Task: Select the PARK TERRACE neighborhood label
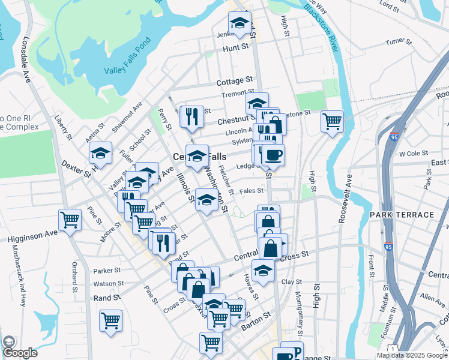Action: pos(402,215)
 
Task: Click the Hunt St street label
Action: pos(236,47)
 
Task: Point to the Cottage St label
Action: pos(234,80)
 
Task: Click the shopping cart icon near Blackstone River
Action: pos(332,122)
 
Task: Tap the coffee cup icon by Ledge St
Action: pos(273,155)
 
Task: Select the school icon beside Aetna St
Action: pos(101,154)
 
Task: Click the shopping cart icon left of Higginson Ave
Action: pos(70,220)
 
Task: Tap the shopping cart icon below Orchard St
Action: pos(110,321)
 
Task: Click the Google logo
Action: pos(20,352)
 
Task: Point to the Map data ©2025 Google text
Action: pos(411,355)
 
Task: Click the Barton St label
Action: pos(256,328)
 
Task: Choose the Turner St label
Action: pos(399,42)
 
